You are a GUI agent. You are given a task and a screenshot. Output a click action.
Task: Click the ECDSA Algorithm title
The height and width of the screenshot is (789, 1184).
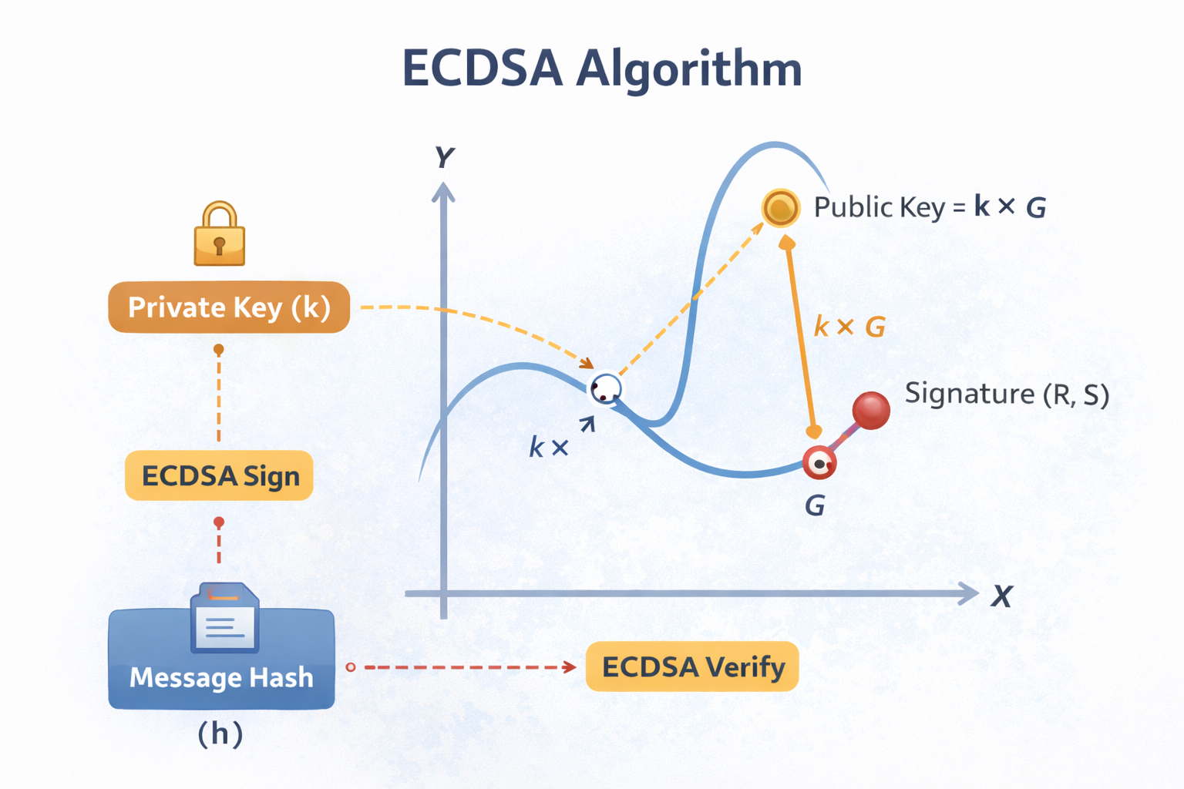tap(602, 69)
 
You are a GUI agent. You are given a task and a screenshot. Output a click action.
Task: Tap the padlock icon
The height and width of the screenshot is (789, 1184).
tap(220, 235)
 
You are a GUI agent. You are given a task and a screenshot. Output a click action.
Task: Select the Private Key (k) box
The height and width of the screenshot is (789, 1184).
tap(229, 307)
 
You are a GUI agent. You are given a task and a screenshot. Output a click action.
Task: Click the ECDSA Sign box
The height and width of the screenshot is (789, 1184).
tap(220, 475)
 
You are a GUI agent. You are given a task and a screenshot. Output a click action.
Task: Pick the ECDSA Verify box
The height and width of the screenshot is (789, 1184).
tap(692, 666)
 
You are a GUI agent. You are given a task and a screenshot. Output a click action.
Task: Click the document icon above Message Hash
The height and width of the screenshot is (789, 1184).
tap(224, 618)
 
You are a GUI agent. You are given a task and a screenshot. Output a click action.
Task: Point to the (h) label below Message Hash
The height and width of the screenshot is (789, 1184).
tap(220, 734)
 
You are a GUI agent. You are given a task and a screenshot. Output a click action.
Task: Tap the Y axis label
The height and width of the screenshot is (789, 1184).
tap(444, 158)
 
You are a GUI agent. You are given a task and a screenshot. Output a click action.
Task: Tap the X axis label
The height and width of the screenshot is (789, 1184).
tap(1001, 596)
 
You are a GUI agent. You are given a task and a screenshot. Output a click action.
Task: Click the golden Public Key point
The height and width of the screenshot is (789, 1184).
tap(780, 208)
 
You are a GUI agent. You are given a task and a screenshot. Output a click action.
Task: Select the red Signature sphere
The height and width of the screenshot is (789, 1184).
tap(871, 410)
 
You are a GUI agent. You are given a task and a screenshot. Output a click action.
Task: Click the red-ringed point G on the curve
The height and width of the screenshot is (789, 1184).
tap(819, 464)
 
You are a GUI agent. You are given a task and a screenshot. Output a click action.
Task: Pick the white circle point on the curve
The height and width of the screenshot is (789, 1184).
tap(606, 389)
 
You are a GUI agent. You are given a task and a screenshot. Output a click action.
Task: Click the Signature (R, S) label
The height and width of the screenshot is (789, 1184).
tap(1007, 394)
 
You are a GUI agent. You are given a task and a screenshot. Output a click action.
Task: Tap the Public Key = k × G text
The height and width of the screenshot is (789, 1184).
tap(930, 207)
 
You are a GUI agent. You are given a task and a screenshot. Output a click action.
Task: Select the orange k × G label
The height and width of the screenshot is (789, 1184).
tap(849, 327)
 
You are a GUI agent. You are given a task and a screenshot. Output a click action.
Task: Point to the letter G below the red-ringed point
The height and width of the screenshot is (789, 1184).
tap(815, 506)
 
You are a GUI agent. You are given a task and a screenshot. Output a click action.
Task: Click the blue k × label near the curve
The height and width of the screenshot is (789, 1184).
tap(548, 447)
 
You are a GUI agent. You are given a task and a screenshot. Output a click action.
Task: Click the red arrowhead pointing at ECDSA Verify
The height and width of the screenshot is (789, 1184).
tap(570, 666)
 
